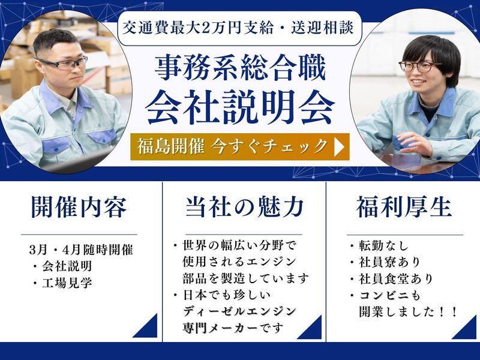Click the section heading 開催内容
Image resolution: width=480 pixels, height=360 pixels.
tap(79, 207)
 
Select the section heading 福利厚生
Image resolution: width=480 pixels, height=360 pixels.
tap(403, 207)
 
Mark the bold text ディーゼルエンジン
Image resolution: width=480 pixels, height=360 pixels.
tap(239, 311)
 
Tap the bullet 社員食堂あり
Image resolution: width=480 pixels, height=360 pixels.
tap(393, 279)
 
